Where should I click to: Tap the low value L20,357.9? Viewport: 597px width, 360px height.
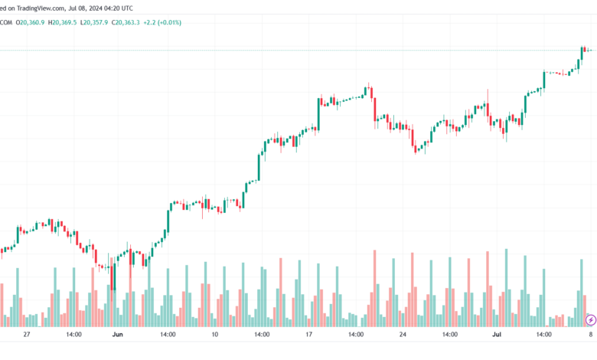coord(97,22)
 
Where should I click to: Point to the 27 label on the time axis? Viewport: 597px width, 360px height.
coord(27,335)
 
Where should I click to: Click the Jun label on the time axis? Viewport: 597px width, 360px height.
coord(117,335)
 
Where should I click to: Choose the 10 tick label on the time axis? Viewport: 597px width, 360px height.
coord(214,335)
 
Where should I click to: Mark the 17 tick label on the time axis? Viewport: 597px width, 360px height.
coord(308,335)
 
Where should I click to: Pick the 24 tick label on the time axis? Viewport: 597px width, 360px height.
coord(403,335)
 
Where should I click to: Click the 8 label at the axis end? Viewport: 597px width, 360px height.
coord(590,335)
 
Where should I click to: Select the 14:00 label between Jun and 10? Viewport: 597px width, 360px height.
coord(168,335)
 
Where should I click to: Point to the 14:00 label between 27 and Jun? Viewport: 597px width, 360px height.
coord(73,335)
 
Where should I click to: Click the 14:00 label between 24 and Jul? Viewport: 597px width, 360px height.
coord(450,335)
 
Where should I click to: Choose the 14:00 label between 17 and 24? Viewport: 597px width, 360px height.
coord(356,335)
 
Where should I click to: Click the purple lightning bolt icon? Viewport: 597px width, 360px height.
coord(590,319)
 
